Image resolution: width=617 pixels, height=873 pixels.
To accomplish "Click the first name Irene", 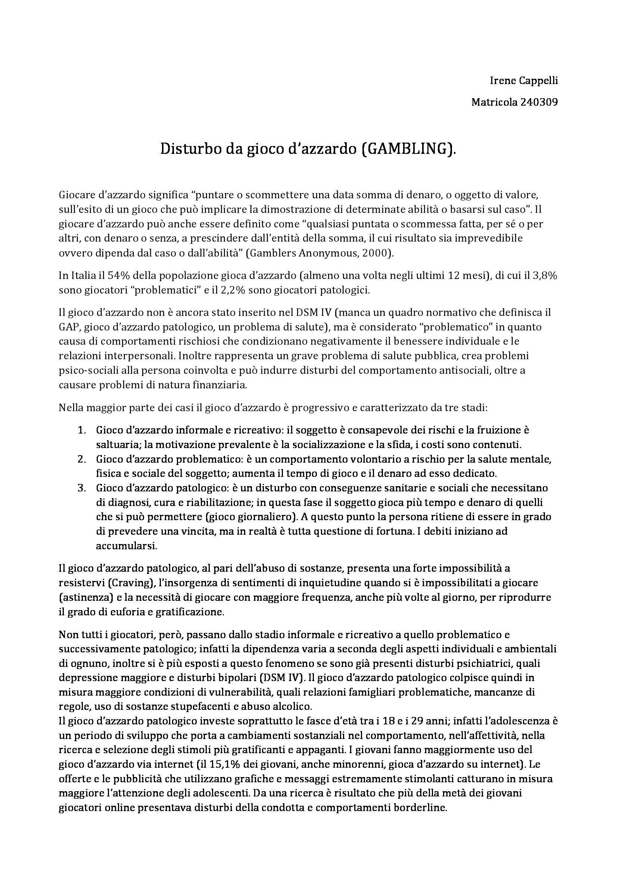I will coord(498,81).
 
